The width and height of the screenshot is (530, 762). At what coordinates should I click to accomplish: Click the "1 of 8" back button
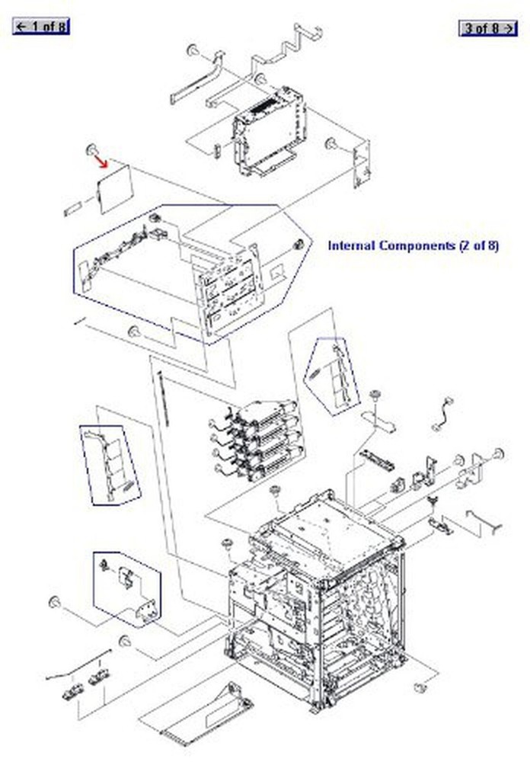[x=41, y=27]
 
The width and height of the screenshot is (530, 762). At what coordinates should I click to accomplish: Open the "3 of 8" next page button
[x=487, y=28]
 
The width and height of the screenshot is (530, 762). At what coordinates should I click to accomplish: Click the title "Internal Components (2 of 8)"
[x=413, y=245]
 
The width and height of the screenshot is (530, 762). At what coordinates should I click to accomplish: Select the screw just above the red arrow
[x=91, y=148]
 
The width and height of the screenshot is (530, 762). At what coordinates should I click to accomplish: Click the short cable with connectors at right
[x=442, y=415]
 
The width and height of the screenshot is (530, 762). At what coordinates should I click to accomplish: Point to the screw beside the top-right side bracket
[x=331, y=143]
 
